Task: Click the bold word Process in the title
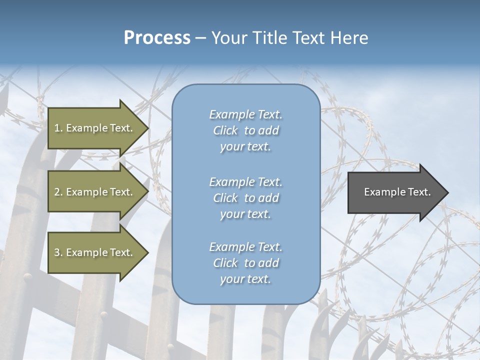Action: tap(157, 37)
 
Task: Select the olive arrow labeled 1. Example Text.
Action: tap(93, 128)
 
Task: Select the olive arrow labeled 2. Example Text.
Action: tap(93, 192)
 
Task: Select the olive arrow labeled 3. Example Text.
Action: tap(93, 252)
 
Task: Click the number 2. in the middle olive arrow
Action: tap(58, 192)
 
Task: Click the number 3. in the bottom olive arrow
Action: tap(58, 252)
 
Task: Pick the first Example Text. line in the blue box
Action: tap(245, 114)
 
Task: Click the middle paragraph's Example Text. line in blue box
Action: tap(245, 181)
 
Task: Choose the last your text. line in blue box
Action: tap(245, 279)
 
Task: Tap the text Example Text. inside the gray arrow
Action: tap(397, 192)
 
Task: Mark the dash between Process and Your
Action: tap(200, 38)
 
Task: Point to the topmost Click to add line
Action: tap(245, 130)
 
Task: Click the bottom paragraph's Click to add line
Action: tap(245, 263)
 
